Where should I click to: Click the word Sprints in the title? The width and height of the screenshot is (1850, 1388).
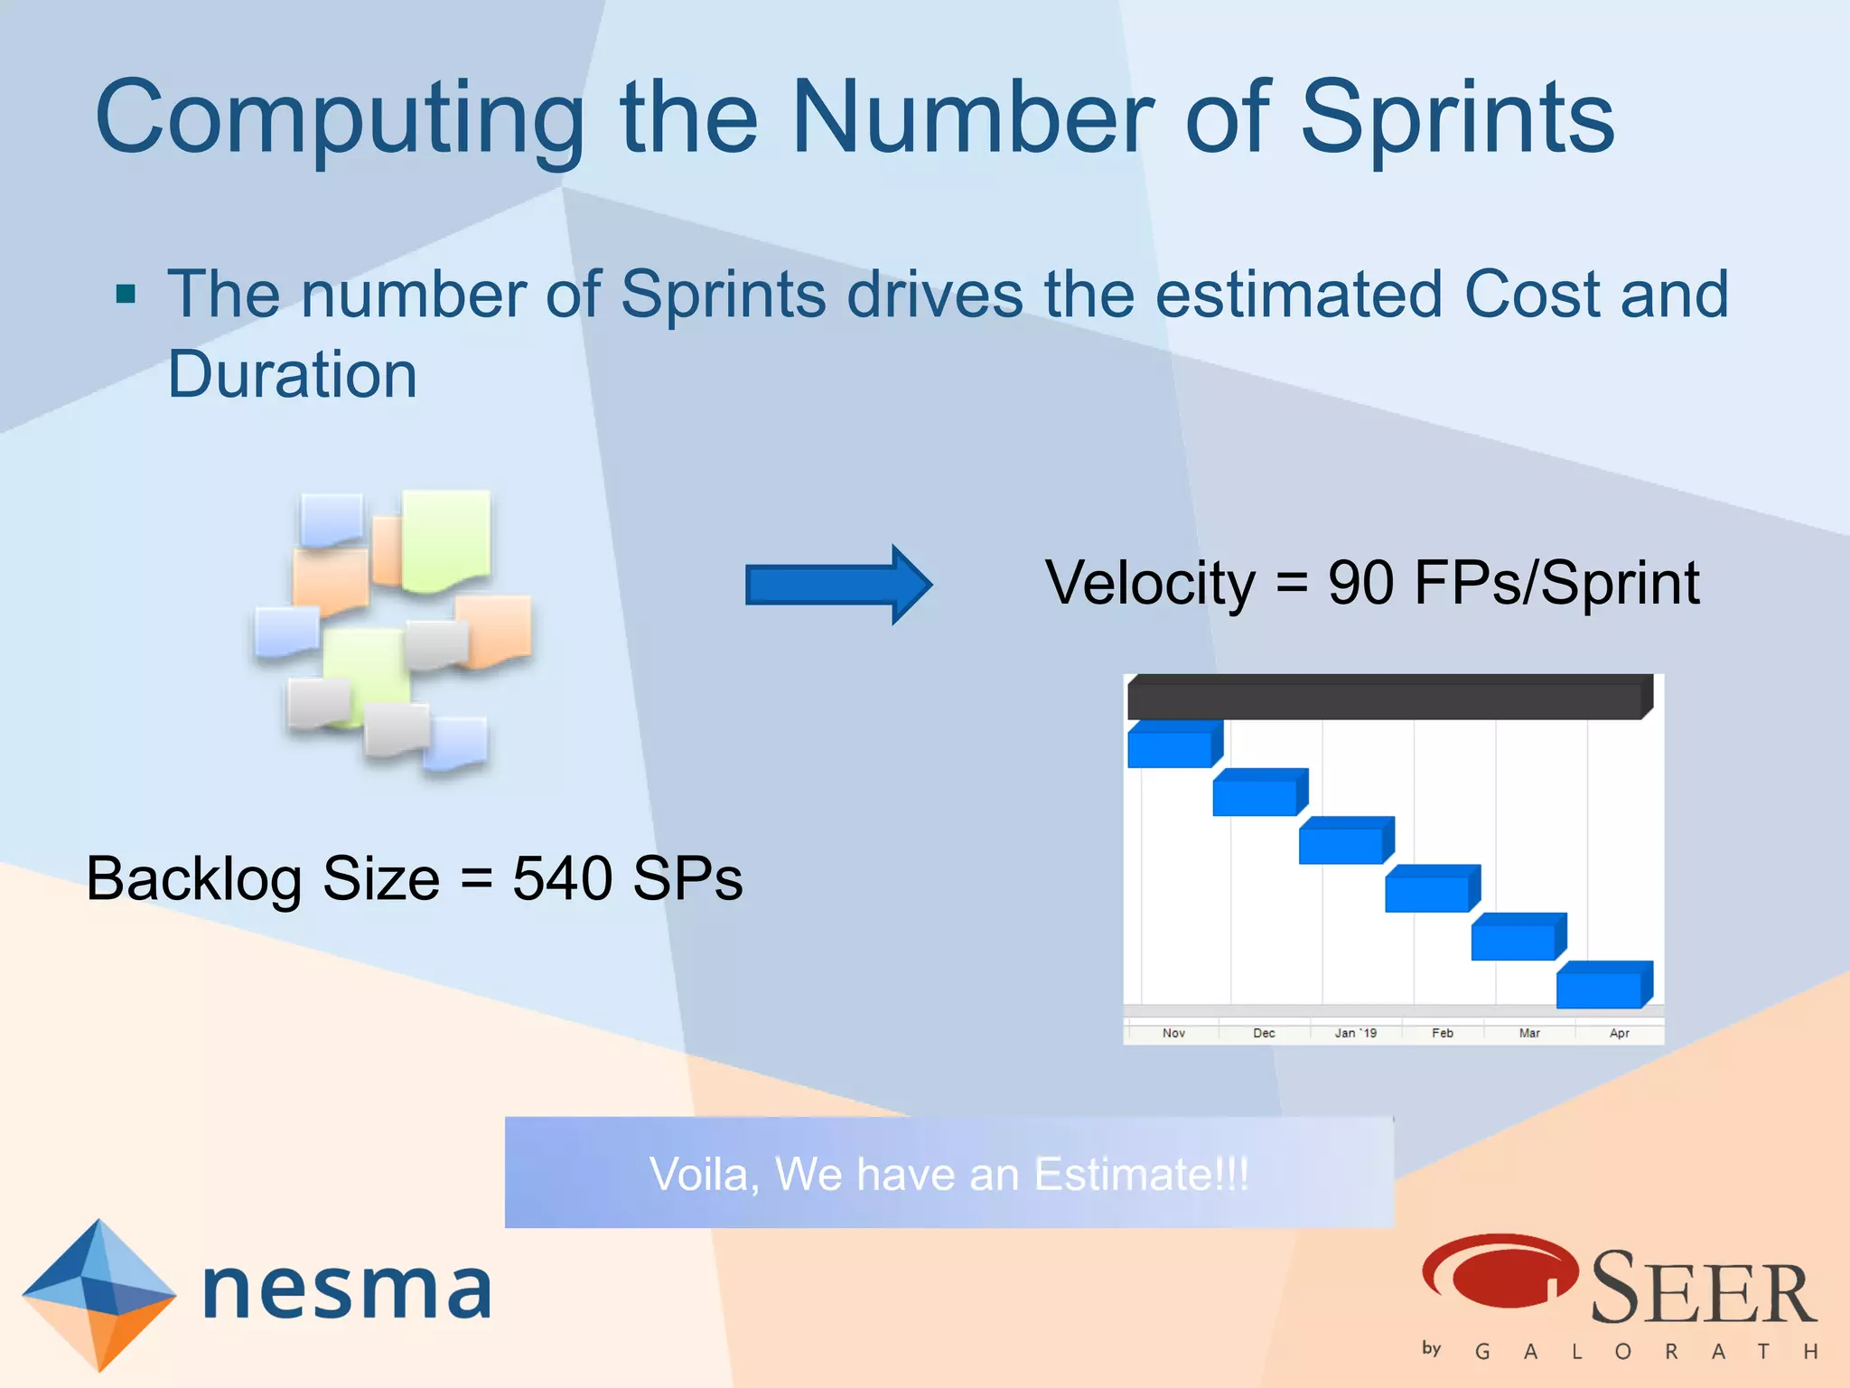pos(1456,117)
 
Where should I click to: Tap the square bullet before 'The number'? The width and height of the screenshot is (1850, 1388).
pos(126,294)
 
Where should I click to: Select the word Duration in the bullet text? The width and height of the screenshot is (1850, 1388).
pos(293,374)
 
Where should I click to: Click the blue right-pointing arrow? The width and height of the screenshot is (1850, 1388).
pos(837,585)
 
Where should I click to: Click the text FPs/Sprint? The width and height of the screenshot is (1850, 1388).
pos(1556,583)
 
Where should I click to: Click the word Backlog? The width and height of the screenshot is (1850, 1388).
pos(193,878)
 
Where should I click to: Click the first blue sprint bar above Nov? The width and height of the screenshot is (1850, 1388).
pos(1172,746)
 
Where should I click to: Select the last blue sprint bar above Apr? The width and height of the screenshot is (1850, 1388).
pos(1602,987)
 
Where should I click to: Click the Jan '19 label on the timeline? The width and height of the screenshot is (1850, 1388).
pos(1355,1033)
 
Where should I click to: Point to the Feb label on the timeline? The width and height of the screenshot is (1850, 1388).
pos(1443,1033)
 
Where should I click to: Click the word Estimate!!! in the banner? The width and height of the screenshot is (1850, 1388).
pos(1140,1174)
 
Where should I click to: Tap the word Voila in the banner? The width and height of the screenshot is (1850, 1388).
pos(703,1174)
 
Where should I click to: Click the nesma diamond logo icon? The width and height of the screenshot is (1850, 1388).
pos(98,1294)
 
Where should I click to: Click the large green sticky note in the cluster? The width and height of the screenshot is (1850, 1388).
pos(447,539)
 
